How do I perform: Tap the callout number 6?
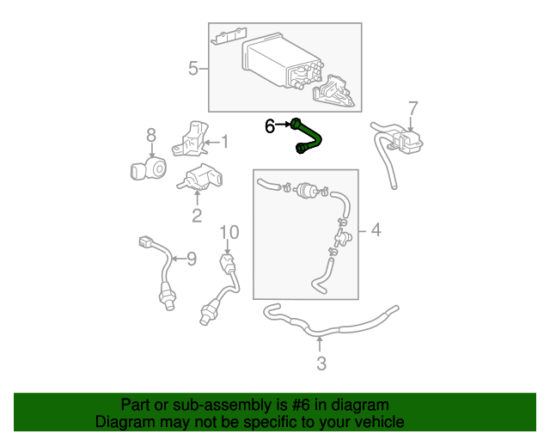pyautogui.click(x=270, y=126)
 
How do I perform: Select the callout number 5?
pyautogui.click(x=193, y=68)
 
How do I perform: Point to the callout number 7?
pyautogui.click(x=412, y=108)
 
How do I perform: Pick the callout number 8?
pyautogui.click(x=151, y=135)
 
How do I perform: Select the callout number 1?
pyautogui.click(x=224, y=142)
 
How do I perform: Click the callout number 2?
pyautogui.click(x=197, y=216)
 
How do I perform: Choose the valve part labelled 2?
pyautogui.click(x=200, y=178)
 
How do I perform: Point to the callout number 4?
pyautogui.click(x=375, y=230)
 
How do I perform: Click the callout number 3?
pyautogui.click(x=321, y=364)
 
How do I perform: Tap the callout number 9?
pyautogui.click(x=192, y=257)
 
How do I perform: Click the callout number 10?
pyautogui.click(x=228, y=231)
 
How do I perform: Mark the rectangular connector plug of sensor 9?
pyautogui.click(x=145, y=242)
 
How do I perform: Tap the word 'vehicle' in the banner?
pyautogui.click(x=379, y=422)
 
